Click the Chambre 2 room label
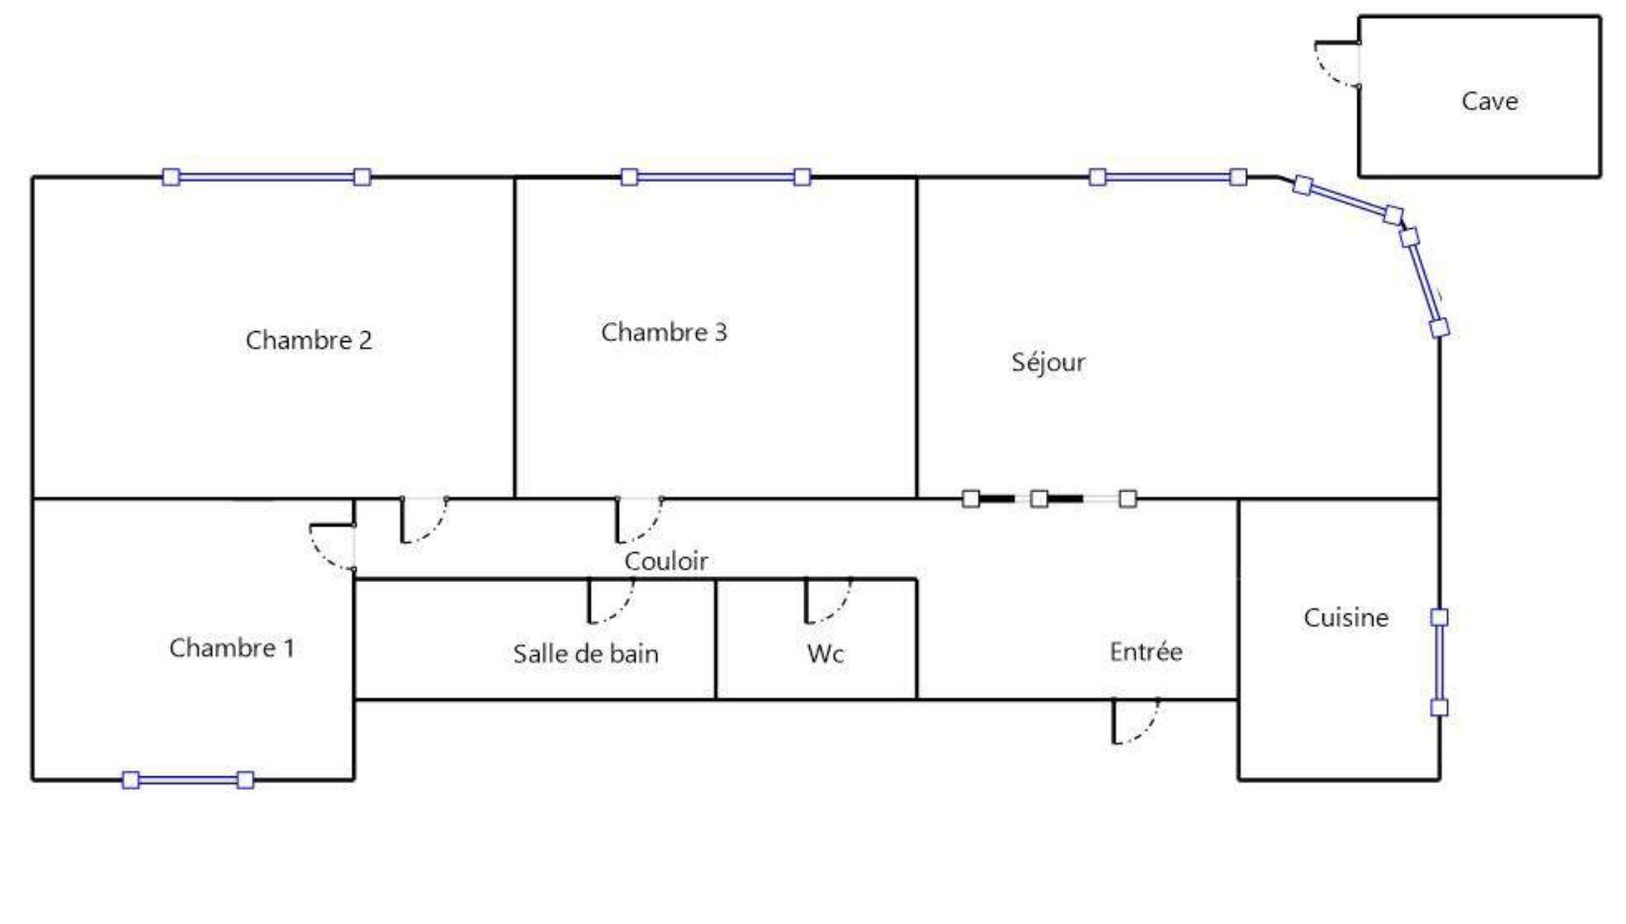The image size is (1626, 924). [x=308, y=340]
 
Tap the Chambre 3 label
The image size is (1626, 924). [x=663, y=332]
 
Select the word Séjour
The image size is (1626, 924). [x=1048, y=362]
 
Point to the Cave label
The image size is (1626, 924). [x=1489, y=101]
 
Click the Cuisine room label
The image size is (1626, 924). [x=1345, y=618]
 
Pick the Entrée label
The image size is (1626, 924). [x=1145, y=651]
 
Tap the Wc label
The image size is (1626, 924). [x=825, y=654]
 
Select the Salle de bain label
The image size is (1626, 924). [x=586, y=653]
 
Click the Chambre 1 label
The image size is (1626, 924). [x=232, y=647]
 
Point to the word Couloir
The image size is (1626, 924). [x=665, y=560]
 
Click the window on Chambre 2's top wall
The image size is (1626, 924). [x=267, y=177]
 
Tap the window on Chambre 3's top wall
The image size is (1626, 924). [x=716, y=177]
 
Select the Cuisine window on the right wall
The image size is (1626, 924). [x=1440, y=662]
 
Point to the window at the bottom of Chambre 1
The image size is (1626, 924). [x=188, y=780]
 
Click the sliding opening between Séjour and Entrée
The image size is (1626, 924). [x=1049, y=499]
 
